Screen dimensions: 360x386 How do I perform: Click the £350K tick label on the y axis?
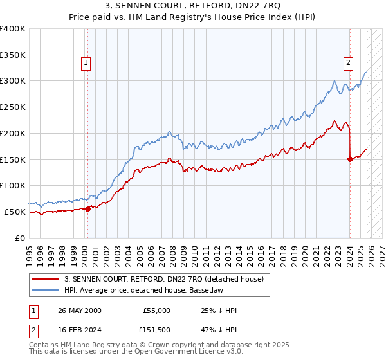[13, 55]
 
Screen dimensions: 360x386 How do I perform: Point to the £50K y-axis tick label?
[15, 212]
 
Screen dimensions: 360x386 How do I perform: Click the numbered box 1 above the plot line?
[86, 63]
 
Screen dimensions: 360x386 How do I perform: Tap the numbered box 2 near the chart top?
[348, 63]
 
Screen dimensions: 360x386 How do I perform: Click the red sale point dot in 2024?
[350, 159]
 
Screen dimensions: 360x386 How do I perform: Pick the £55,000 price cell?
[156, 310]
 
